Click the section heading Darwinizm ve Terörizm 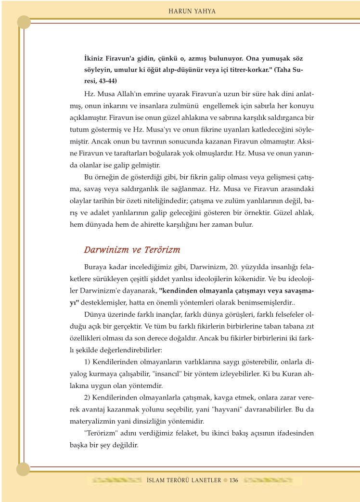coord(132,250)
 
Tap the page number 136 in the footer coord(234,480)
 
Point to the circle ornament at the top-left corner coord(24,22)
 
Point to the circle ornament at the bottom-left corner coord(24,469)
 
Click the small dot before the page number coord(225,480)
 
